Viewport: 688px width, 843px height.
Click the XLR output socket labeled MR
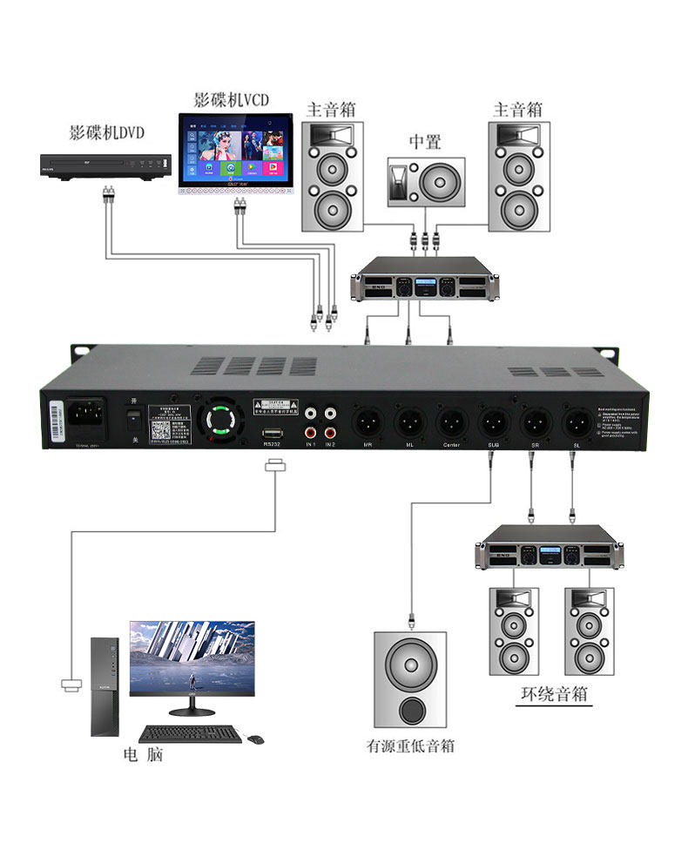[367, 425]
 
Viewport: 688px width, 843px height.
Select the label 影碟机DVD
[106, 133]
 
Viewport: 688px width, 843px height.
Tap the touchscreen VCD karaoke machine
[233, 152]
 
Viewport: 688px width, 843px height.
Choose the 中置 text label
[426, 142]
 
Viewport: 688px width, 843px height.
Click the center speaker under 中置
[426, 182]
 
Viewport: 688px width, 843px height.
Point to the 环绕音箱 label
[555, 694]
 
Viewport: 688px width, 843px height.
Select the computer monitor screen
[192, 656]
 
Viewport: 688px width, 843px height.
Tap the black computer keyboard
[191, 734]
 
